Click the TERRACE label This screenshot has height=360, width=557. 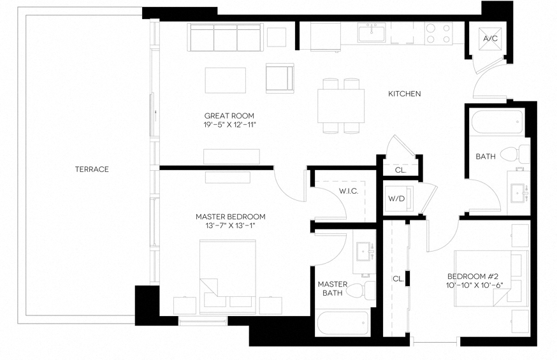click(x=92, y=169)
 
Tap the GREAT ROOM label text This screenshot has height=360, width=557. click(x=229, y=115)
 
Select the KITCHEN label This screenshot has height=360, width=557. click(x=405, y=94)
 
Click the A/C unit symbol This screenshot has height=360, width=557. click(x=490, y=39)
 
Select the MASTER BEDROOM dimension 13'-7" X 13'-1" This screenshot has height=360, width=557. click(x=230, y=226)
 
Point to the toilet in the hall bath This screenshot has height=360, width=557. click(x=515, y=154)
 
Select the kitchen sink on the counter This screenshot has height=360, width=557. click(x=371, y=32)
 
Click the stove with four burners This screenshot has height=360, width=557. click(x=438, y=33)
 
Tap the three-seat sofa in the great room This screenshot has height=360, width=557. click(x=226, y=38)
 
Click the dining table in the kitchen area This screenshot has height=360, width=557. click(x=341, y=105)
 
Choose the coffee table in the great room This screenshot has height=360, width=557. click(x=225, y=80)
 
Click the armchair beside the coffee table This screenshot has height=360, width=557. click(x=279, y=78)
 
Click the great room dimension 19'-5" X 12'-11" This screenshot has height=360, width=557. click(x=229, y=125)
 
